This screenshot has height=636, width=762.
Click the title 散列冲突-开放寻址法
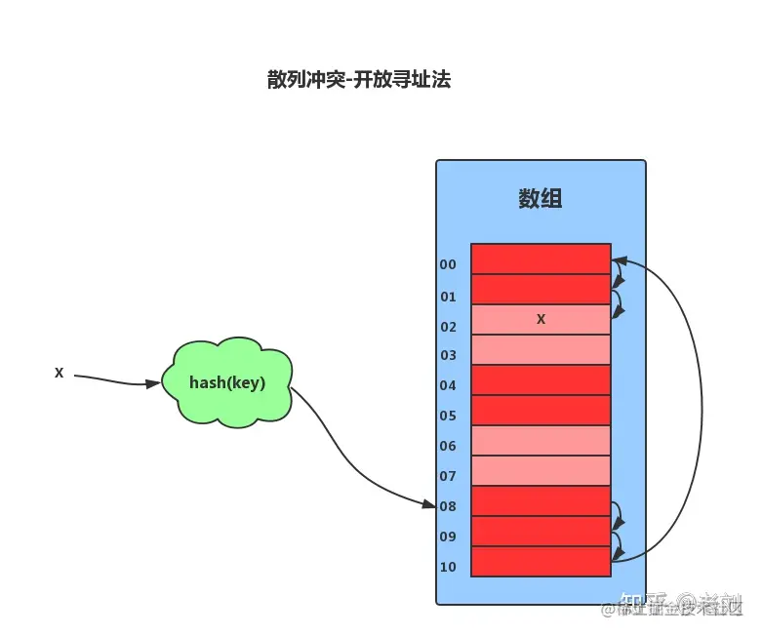(358, 80)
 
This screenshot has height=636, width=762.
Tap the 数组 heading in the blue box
(540, 200)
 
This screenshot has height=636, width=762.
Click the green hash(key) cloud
(227, 382)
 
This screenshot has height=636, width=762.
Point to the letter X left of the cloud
(60, 373)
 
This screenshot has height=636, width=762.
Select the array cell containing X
(541, 320)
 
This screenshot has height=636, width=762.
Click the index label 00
(448, 264)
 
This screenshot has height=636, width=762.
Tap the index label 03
(448, 356)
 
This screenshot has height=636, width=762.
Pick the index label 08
(448, 507)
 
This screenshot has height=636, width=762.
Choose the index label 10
(448, 568)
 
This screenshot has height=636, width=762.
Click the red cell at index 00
(541, 259)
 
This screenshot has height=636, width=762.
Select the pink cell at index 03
(541, 350)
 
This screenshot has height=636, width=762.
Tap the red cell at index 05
(541, 411)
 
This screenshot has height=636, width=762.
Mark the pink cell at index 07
(541, 471)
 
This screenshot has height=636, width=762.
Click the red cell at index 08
(541, 501)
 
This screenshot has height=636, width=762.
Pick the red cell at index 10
(541, 562)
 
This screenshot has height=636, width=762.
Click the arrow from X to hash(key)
(112, 380)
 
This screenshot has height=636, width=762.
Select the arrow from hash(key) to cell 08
(351, 468)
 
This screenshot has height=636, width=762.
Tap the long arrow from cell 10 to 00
(701, 410)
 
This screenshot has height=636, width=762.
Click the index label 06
(448, 447)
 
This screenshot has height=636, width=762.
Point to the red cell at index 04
(541, 380)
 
